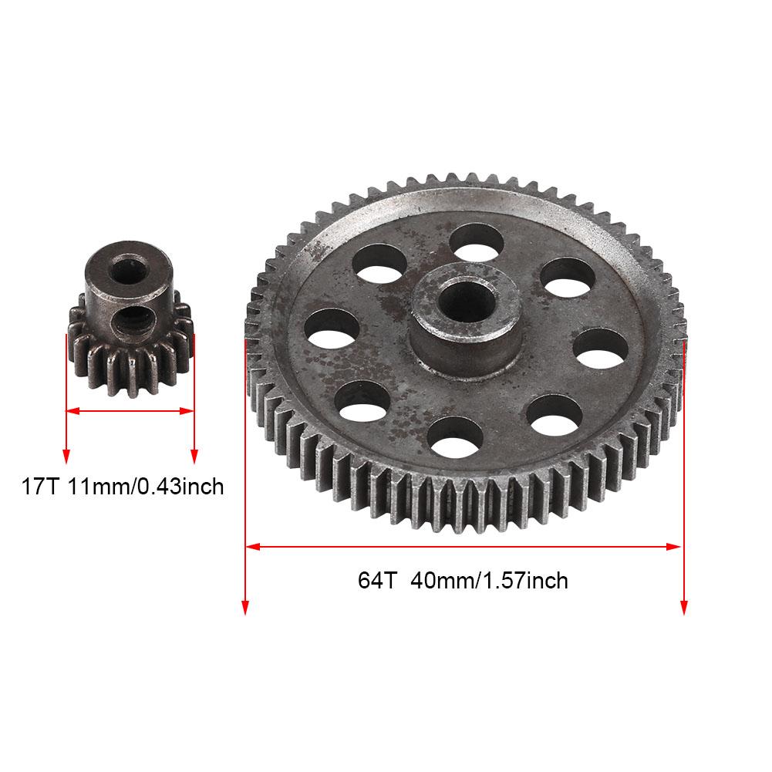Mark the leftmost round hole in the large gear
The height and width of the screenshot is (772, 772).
point(332,327)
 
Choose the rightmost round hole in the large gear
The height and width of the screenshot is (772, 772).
point(598,349)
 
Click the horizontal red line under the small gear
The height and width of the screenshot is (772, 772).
point(130,412)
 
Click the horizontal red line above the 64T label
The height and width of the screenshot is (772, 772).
point(463,547)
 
